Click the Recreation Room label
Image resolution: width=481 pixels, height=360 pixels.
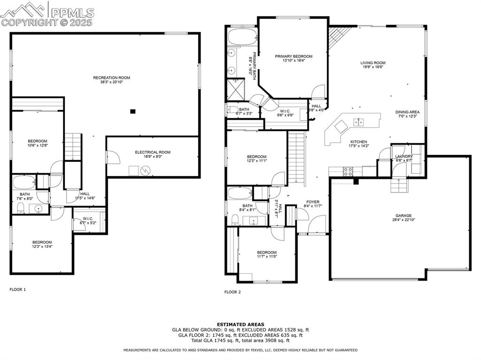pos(111,77)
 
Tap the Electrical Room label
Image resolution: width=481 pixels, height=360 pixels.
pos(153,152)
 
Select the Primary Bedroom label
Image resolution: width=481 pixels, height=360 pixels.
pos(294,56)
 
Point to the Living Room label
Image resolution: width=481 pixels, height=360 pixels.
pos(373,63)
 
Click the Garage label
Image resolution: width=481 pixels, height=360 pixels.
pos(403,215)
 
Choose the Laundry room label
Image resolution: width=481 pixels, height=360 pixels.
pos(403,156)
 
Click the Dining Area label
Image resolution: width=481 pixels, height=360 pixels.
pos(407,112)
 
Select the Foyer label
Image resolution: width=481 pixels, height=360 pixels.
pos(313,202)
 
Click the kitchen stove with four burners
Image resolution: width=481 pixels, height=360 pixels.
pos(348,171)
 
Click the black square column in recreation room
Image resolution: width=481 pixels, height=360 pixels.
pos(133,112)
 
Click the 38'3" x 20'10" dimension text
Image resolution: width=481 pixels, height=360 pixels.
pos(111,83)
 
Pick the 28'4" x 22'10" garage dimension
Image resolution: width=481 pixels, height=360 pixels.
pos(403,220)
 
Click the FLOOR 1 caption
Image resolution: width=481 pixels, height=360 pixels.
pos(17,290)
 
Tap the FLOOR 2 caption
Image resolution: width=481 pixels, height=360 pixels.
pos(233,292)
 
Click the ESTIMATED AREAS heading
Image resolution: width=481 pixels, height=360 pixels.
pos(240,324)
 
